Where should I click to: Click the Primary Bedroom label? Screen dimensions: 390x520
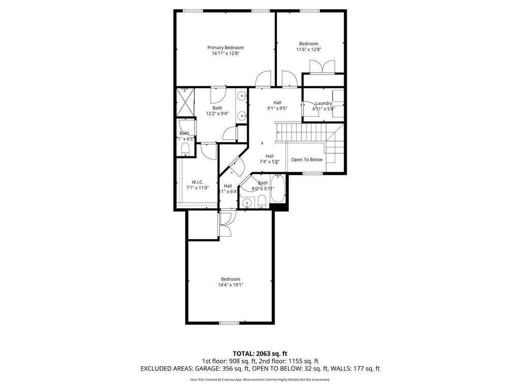(x=225, y=48)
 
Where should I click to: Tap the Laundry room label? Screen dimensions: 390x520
(x=323, y=104)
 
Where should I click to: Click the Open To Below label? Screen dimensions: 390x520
(x=306, y=159)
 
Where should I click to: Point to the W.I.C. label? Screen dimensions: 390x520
(x=198, y=182)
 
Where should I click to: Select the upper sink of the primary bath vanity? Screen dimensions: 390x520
(x=242, y=96)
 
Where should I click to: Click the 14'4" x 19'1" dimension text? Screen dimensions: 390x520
(x=230, y=285)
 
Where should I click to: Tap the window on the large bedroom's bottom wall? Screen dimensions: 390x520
(x=229, y=322)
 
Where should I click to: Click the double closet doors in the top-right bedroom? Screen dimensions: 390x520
(x=322, y=67)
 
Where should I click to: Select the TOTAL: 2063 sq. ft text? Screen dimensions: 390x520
(x=260, y=353)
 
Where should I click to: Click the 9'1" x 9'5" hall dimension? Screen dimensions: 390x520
(x=277, y=108)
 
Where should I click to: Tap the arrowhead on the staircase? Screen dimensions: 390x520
(x=278, y=131)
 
